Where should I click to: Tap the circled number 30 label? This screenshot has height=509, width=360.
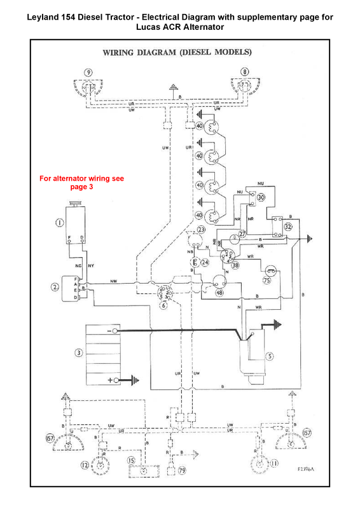[x=260, y=197]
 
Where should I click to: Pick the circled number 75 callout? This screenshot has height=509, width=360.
[x=268, y=279]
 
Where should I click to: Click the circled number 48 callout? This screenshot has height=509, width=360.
[x=219, y=293]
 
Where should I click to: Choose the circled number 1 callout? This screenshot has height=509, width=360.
[x=59, y=223]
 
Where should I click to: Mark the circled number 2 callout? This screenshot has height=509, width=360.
[x=55, y=287]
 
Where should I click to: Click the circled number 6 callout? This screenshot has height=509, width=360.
[x=163, y=305]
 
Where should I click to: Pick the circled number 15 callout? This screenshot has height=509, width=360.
[x=132, y=460]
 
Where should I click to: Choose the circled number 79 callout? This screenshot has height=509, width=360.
[x=182, y=471]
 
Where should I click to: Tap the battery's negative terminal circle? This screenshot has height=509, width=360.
[x=116, y=332]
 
